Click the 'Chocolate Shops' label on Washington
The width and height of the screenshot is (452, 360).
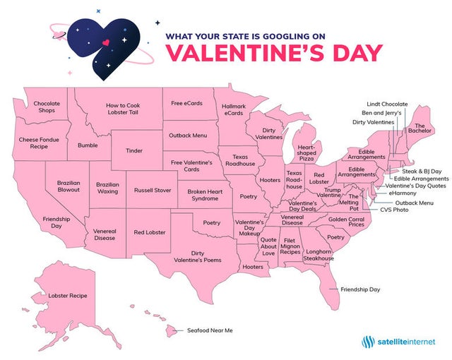pyautogui.click(x=47, y=107)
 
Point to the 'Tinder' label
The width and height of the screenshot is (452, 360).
pyautogui.click(x=133, y=150)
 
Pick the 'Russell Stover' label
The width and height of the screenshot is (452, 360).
pyautogui.click(x=153, y=190)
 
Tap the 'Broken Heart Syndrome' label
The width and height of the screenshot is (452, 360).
pyautogui.click(x=206, y=195)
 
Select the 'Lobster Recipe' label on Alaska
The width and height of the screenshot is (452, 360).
pyautogui.click(x=68, y=295)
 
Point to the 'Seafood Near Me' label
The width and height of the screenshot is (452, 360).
pyautogui.click(x=210, y=330)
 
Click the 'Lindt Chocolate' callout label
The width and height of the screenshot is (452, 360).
pyautogui.click(x=387, y=104)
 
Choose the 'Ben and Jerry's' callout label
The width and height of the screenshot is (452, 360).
pyautogui.click(x=382, y=113)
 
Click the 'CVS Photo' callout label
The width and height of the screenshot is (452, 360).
pyautogui.click(x=394, y=210)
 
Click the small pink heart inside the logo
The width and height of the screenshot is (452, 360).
pyautogui.click(x=105, y=42)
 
